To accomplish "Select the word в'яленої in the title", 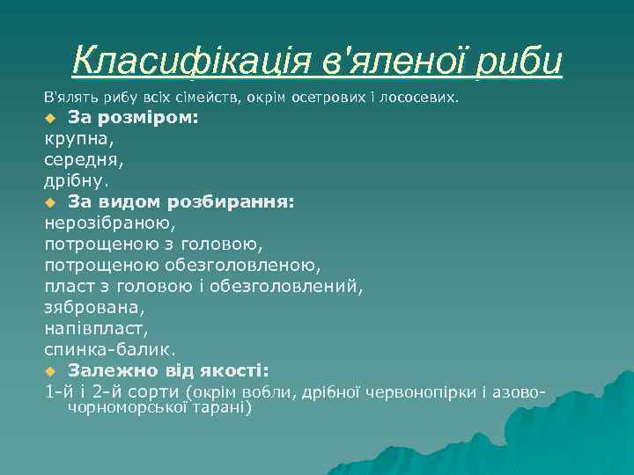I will [391, 61].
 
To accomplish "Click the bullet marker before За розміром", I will [50, 118].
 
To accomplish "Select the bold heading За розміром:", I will [133, 117].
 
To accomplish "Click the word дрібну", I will [77, 180].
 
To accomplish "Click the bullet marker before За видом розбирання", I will [50, 202].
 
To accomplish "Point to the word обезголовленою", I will [241, 265].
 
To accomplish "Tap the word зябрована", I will [93, 307].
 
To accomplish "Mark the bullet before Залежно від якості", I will [50, 370].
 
